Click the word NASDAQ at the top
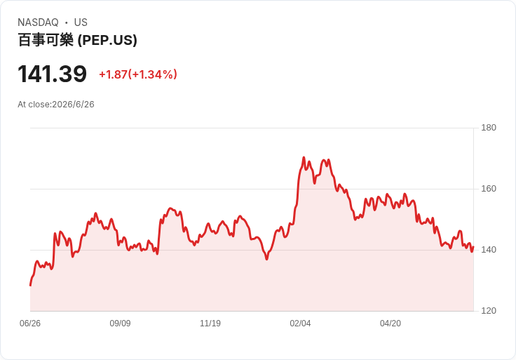point(38,22)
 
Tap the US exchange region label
point(81,22)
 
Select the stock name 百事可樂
point(46,40)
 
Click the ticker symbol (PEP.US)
point(107,40)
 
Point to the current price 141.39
point(52,74)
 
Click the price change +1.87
point(113,74)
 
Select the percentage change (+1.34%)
point(153,74)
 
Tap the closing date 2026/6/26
point(73,105)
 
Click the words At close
point(34,105)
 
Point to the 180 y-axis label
point(489,128)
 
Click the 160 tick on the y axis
point(489,189)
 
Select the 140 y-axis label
point(489,250)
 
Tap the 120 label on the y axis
point(489,311)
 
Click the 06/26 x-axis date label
point(30,324)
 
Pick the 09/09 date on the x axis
point(120,324)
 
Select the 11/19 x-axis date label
point(210,324)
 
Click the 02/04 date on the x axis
point(300,324)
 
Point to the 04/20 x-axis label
point(391,324)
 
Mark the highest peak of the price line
point(304,157)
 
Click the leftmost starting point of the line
point(30,285)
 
